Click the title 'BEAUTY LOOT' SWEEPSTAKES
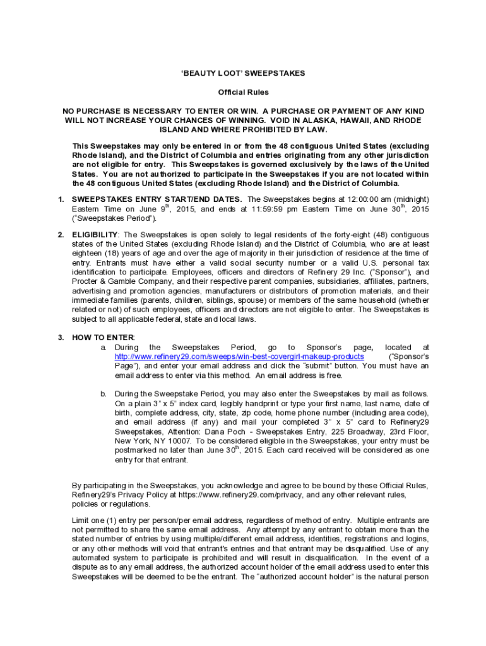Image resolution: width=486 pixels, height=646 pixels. (x=243, y=73)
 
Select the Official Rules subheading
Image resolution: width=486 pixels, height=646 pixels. (x=243, y=92)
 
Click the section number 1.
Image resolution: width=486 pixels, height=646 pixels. (x=61, y=199)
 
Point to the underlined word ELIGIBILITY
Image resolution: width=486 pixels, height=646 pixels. (x=95, y=235)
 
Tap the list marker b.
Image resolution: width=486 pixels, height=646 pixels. (x=103, y=394)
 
